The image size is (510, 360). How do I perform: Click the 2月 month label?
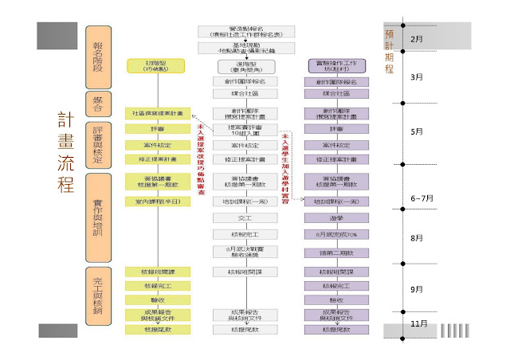[416, 38]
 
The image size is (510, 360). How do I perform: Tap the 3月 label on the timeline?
[416, 77]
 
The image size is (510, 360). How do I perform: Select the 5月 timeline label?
[416, 131]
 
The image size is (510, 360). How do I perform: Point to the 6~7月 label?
[421, 198]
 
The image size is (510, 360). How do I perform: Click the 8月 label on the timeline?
[416, 238]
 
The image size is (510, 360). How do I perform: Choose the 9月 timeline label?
[416, 289]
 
